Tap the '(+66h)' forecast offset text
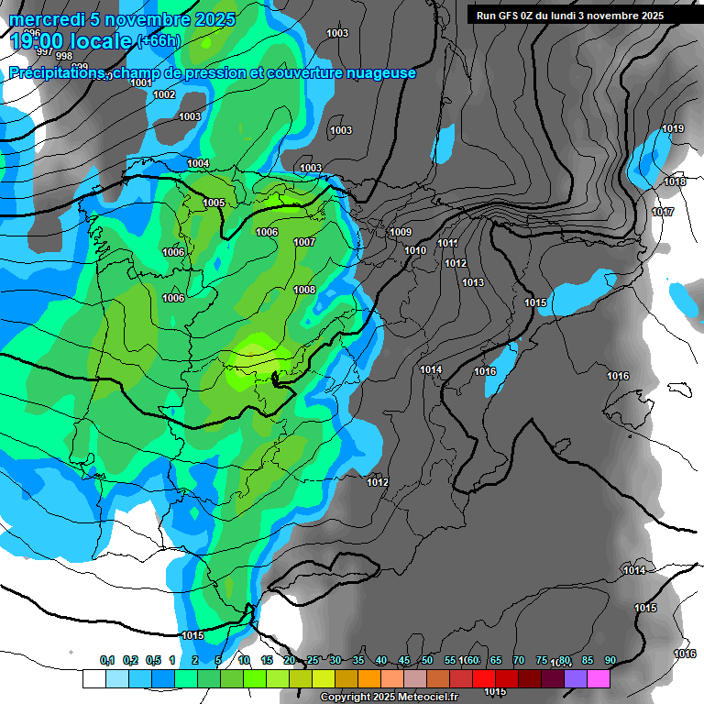pos(159,41)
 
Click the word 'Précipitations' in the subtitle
pos(58,73)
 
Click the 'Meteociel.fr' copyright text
pos(423,698)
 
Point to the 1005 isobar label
pos(214,203)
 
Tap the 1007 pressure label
pos(304,242)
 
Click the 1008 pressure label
pos(304,290)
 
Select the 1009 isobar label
pos(401,232)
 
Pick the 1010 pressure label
pos(415,250)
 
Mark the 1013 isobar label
pos(473,282)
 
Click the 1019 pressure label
pos(673,128)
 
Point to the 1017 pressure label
pos(663,212)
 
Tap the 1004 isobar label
pos(198,163)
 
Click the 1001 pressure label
pos(141,83)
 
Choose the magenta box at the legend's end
pos(598,679)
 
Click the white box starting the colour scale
pos(93,679)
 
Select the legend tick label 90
pos(610,661)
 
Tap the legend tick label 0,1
pos(107,661)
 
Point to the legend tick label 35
pos(358,661)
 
